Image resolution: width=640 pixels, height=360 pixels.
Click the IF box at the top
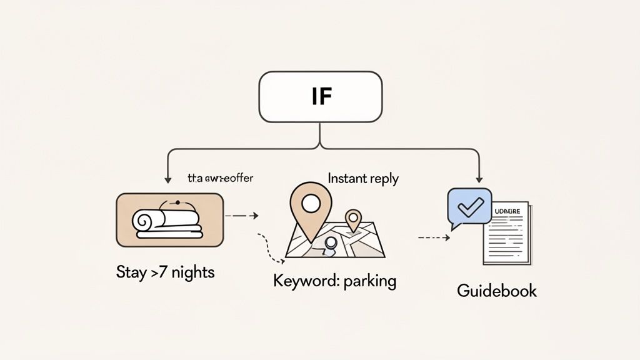[x=319, y=97]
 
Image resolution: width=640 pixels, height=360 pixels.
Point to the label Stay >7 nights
[x=165, y=272]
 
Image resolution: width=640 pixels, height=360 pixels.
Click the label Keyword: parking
[x=335, y=281]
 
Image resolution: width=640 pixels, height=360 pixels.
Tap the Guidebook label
[x=497, y=291]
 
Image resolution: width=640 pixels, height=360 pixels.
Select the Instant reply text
[x=363, y=179]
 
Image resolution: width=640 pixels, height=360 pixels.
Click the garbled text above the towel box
[x=221, y=178]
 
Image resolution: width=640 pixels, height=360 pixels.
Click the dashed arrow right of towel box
[x=242, y=216]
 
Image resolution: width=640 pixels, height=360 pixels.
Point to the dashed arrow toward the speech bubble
[x=434, y=237]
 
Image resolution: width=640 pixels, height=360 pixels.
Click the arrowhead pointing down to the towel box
[x=167, y=180]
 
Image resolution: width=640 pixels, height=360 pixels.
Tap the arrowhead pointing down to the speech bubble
[x=479, y=180]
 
